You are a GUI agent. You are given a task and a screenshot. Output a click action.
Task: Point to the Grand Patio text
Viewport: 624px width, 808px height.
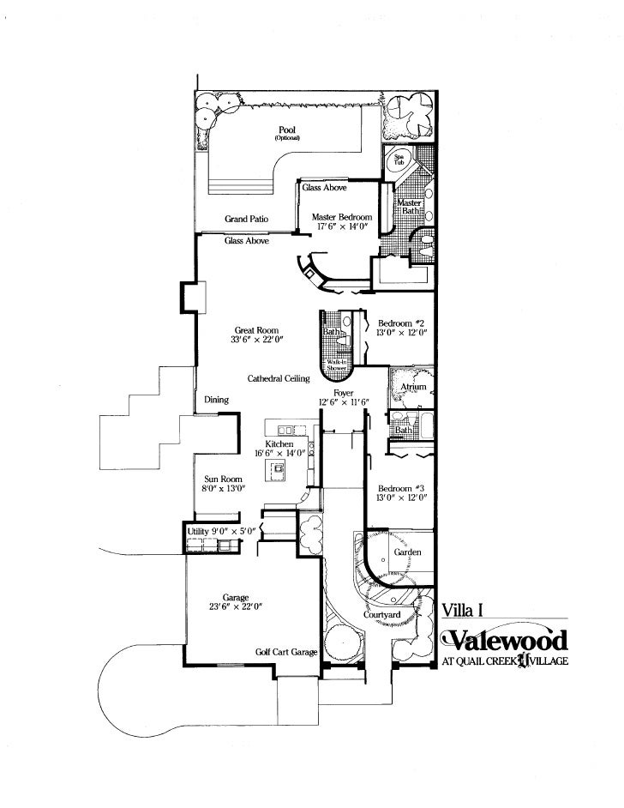pyautogui.click(x=247, y=220)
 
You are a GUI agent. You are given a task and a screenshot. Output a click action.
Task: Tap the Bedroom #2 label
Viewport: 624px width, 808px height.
pyautogui.click(x=401, y=323)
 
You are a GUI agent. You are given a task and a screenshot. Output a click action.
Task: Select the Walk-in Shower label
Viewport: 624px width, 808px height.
pyautogui.click(x=335, y=365)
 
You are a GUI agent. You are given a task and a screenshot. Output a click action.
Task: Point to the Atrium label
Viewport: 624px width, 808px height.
pyautogui.click(x=413, y=388)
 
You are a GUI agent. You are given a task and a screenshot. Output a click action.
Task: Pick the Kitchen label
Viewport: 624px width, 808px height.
pyautogui.click(x=279, y=443)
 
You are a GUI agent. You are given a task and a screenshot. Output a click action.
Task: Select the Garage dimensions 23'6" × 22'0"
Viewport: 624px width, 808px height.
pyautogui.click(x=235, y=606)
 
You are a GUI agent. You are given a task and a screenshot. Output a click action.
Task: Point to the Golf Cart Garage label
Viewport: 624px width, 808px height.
pyautogui.click(x=286, y=653)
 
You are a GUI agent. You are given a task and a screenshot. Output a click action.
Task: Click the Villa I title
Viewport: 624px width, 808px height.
pyautogui.click(x=459, y=610)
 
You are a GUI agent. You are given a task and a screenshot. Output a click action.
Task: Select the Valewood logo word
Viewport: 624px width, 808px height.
pyautogui.click(x=505, y=640)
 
